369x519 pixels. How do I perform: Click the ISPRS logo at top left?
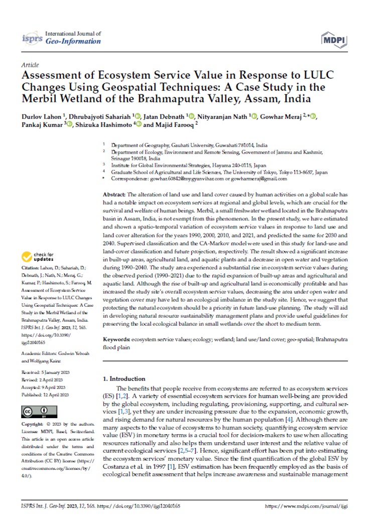pos(33,38)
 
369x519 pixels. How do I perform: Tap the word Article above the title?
pos(29,65)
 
